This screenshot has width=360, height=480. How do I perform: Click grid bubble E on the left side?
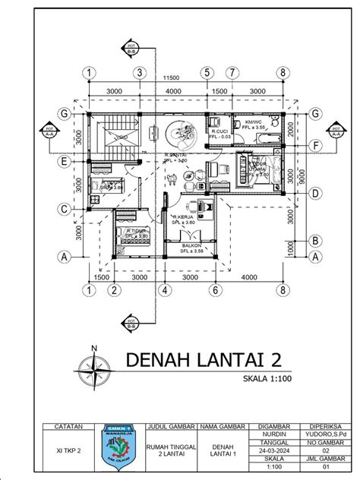point(66,161)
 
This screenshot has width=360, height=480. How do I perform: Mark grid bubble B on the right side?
point(313,242)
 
